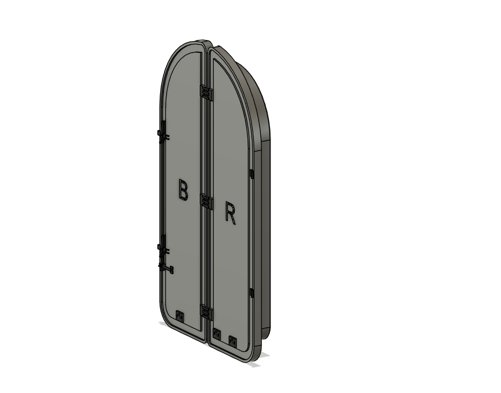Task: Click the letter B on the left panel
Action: pos(183,190)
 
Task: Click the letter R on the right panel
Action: pos(230,212)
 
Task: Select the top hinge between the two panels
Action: pos(206,93)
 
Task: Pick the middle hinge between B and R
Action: pos(206,202)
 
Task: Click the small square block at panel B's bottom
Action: pos(179,316)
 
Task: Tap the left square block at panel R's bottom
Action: pos(216,335)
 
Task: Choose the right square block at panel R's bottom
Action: pos(232,340)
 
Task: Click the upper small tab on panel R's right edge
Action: pos(252,174)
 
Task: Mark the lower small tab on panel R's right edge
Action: pos(252,291)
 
